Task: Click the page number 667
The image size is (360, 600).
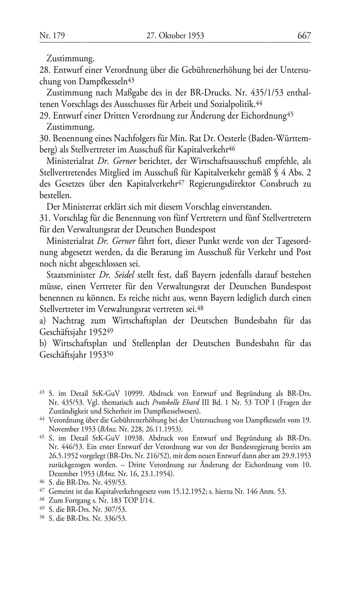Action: tap(304, 35)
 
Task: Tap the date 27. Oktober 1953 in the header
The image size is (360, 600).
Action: tap(175, 35)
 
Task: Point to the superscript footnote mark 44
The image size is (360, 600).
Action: tap(258, 103)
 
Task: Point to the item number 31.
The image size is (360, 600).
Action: tap(44, 219)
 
